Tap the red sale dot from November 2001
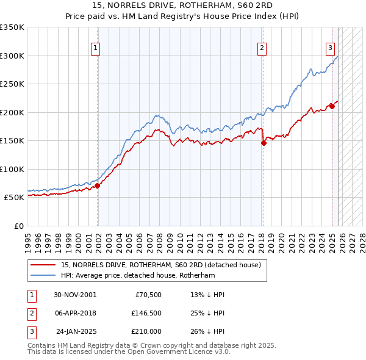(x=98, y=186)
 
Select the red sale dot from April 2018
(x=264, y=143)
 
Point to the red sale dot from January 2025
(x=332, y=106)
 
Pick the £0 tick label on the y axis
(x=18, y=226)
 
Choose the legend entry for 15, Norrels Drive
(x=161, y=265)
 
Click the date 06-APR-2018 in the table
(x=74, y=313)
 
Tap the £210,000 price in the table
(x=146, y=331)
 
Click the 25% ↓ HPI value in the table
(x=207, y=313)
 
